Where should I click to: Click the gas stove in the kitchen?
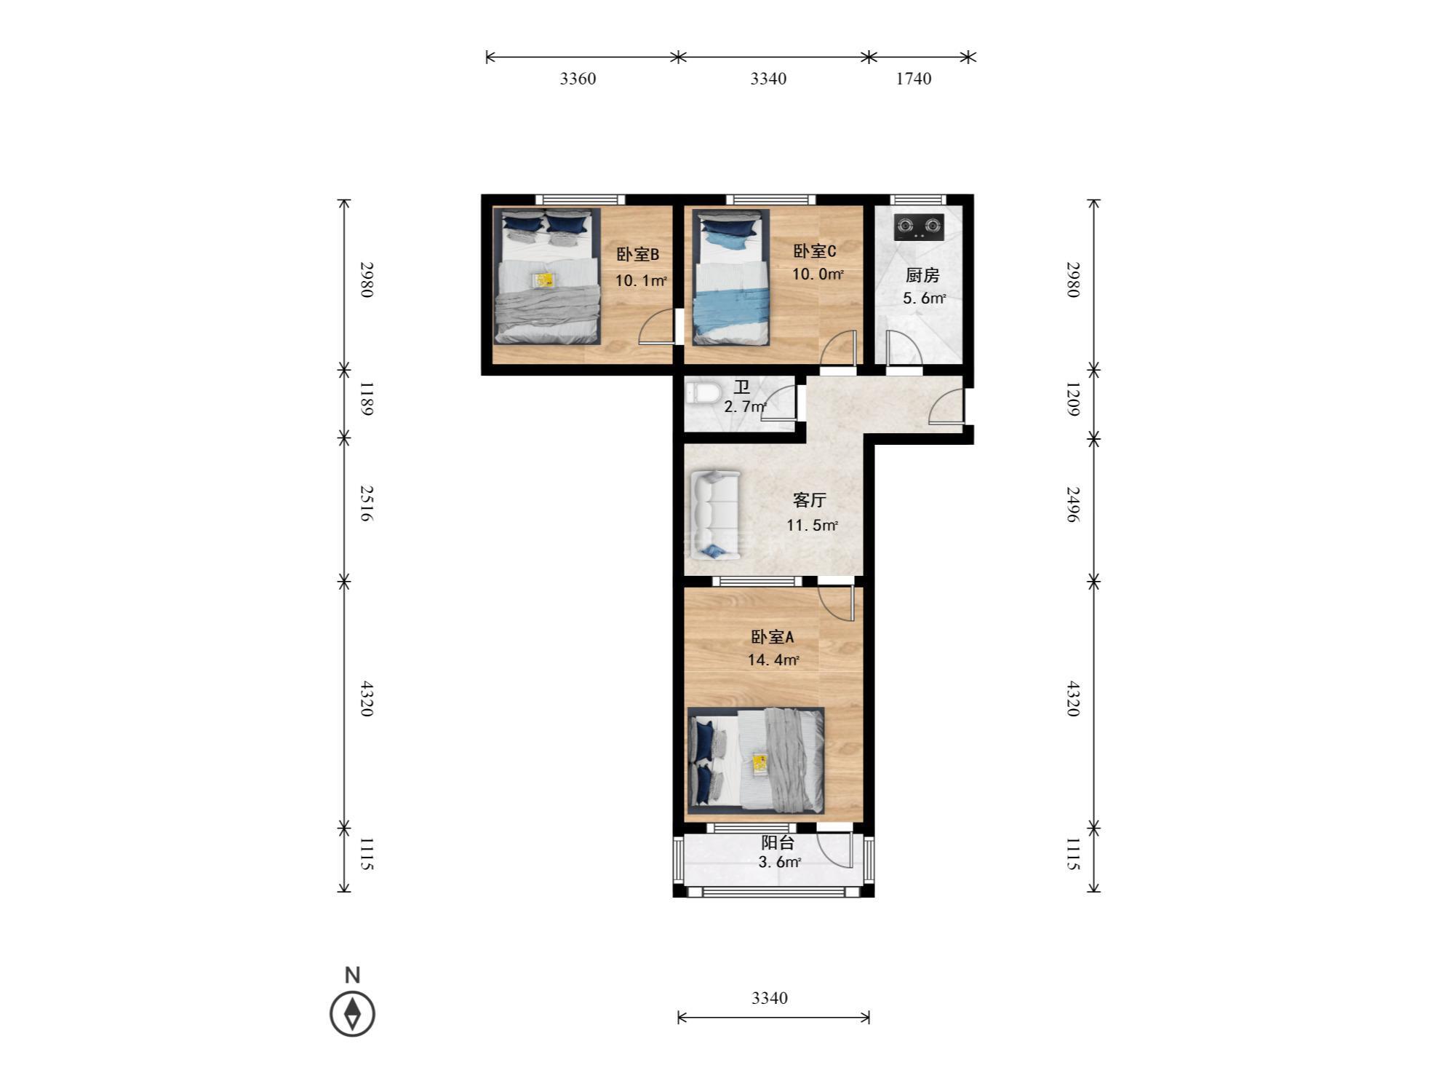point(919,226)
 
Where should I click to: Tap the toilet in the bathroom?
point(702,395)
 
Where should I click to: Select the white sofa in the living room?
point(714,515)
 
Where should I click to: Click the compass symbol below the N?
point(353,1013)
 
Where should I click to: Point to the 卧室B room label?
point(638,254)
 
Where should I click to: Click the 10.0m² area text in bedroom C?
point(818,274)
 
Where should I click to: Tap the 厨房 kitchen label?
point(922,275)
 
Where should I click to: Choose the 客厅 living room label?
point(809,500)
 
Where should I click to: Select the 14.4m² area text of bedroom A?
point(773,660)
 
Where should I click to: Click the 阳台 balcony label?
point(777,842)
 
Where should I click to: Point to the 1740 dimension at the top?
point(913,79)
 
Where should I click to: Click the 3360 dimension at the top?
point(578,79)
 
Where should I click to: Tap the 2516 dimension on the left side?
point(366,504)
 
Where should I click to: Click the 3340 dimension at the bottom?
point(770,998)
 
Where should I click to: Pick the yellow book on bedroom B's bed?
point(543,280)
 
